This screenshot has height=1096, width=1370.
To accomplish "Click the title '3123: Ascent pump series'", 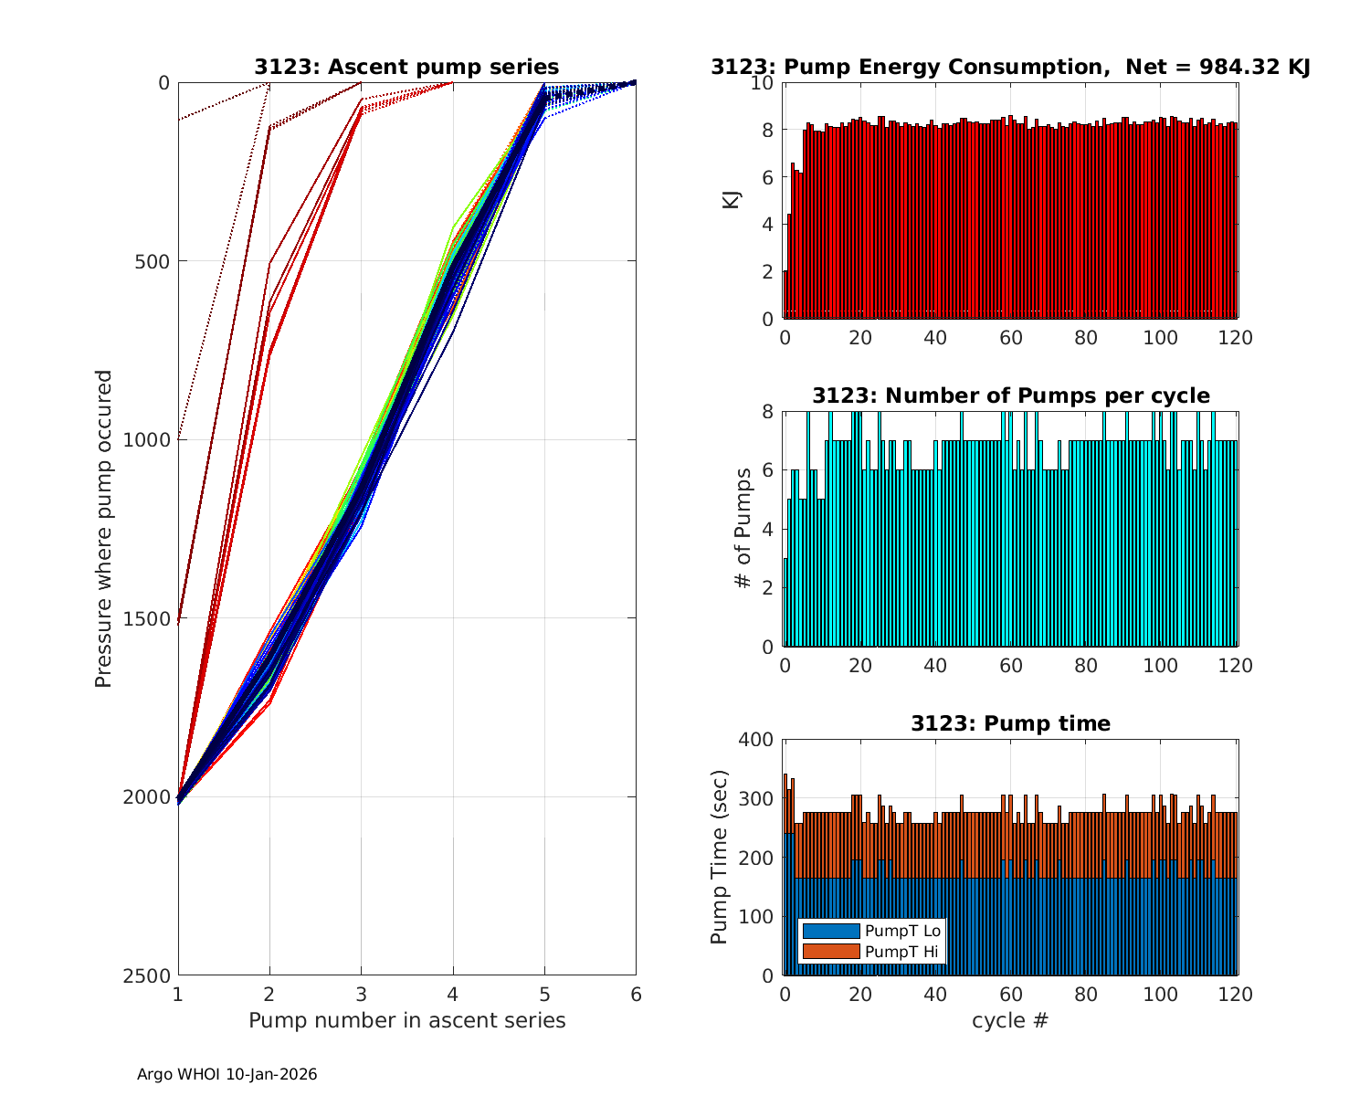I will tap(406, 67).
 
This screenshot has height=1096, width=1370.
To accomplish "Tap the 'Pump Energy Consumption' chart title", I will tap(1010, 67).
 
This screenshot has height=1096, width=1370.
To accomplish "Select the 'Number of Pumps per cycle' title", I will tap(1010, 395).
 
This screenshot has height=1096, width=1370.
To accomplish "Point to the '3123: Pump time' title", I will tap(1010, 723).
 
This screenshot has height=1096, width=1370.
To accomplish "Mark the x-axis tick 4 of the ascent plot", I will tap(453, 994).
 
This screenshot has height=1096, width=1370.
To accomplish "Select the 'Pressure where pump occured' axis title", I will tap(104, 529).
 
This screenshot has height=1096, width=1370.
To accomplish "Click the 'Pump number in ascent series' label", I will tap(406, 1020).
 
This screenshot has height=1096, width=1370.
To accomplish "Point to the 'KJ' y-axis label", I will tap(732, 200).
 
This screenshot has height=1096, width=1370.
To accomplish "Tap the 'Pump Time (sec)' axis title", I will tap(720, 858).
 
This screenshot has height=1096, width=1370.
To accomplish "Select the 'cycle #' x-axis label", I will tap(1010, 1020).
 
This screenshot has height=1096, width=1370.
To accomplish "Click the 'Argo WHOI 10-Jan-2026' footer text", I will tap(227, 1075).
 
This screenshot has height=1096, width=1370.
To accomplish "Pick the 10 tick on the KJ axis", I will tap(763, 83).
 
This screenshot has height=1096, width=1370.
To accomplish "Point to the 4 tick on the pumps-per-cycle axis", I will tap(767, 530).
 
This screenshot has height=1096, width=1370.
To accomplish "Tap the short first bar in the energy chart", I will tap(785, 294).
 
